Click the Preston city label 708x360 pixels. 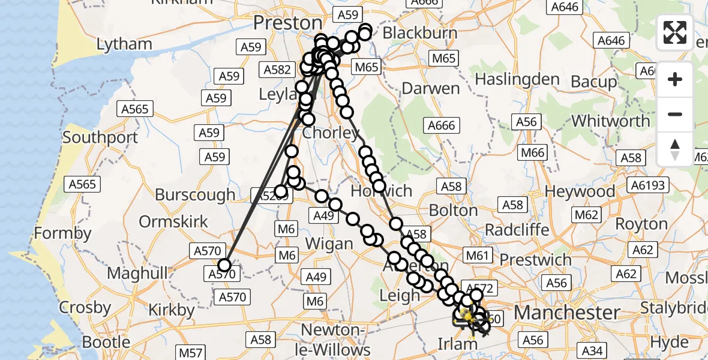click(287, 23)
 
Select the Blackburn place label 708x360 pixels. click(419, 33)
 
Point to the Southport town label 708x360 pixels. click(100, 137)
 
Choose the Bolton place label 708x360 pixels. click(454, 211)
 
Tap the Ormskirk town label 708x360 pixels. click(173, 221)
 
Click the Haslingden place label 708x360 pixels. click(517, 79)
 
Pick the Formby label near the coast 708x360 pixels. click(62, 233)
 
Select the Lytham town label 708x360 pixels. click(124, 44)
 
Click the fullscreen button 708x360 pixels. click(675, 32)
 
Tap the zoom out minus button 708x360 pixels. click(675, 114)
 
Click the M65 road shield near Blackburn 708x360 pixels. click(443, 58)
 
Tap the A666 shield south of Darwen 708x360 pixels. click(442, 125)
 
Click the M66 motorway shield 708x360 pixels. click(533, 152)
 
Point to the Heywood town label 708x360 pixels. click(580, 192)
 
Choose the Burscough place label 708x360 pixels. click(195, 195)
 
